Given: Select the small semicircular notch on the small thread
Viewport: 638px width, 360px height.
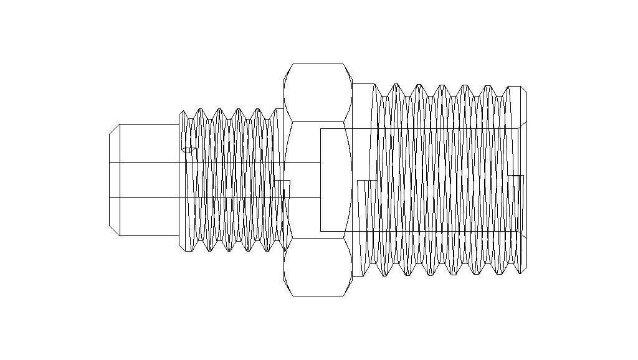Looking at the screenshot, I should [188, 149].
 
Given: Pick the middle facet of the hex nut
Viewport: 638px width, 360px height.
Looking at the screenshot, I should [318, 180].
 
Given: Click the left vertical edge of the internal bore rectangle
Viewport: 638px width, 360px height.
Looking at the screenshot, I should [320, 180].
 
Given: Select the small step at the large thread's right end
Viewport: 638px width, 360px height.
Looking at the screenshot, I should [517, 184].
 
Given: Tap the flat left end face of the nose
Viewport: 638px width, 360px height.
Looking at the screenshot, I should [110, 180].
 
